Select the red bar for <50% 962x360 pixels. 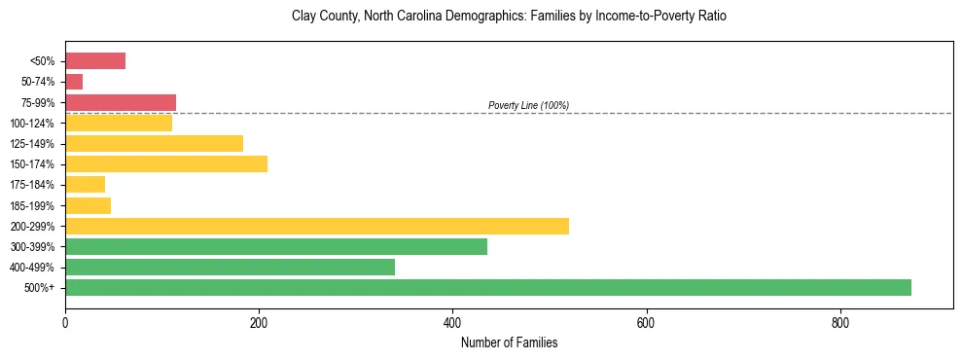[95, 61]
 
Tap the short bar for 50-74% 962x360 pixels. [74, 82]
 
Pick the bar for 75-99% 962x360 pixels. [121, 102]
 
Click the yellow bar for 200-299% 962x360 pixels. [317, 226]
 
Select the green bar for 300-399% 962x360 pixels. [276, 247]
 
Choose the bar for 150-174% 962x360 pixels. [166, 164]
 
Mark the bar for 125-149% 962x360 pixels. [154, 144]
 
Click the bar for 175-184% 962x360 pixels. [86, 185]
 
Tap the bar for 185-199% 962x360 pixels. [89, 205]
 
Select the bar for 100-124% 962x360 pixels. [119, 123]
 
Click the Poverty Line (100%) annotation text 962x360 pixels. [528, 105]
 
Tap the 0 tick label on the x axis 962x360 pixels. [65, 323]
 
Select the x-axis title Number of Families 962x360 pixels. [509, 342]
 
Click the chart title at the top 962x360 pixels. [509, 17]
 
